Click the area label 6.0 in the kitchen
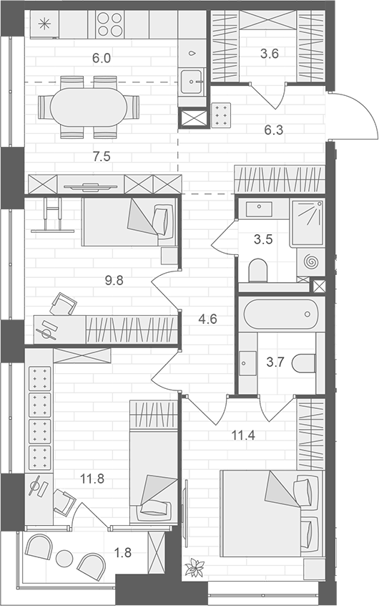point(102,58)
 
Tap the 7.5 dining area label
point(102,155)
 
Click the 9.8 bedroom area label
point(114,280)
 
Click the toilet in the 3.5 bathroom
point(258,270)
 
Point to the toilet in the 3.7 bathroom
point(304,363)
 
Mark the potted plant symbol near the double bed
point(194,568)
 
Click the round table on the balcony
point(67,557)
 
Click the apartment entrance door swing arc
point(363,115)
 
